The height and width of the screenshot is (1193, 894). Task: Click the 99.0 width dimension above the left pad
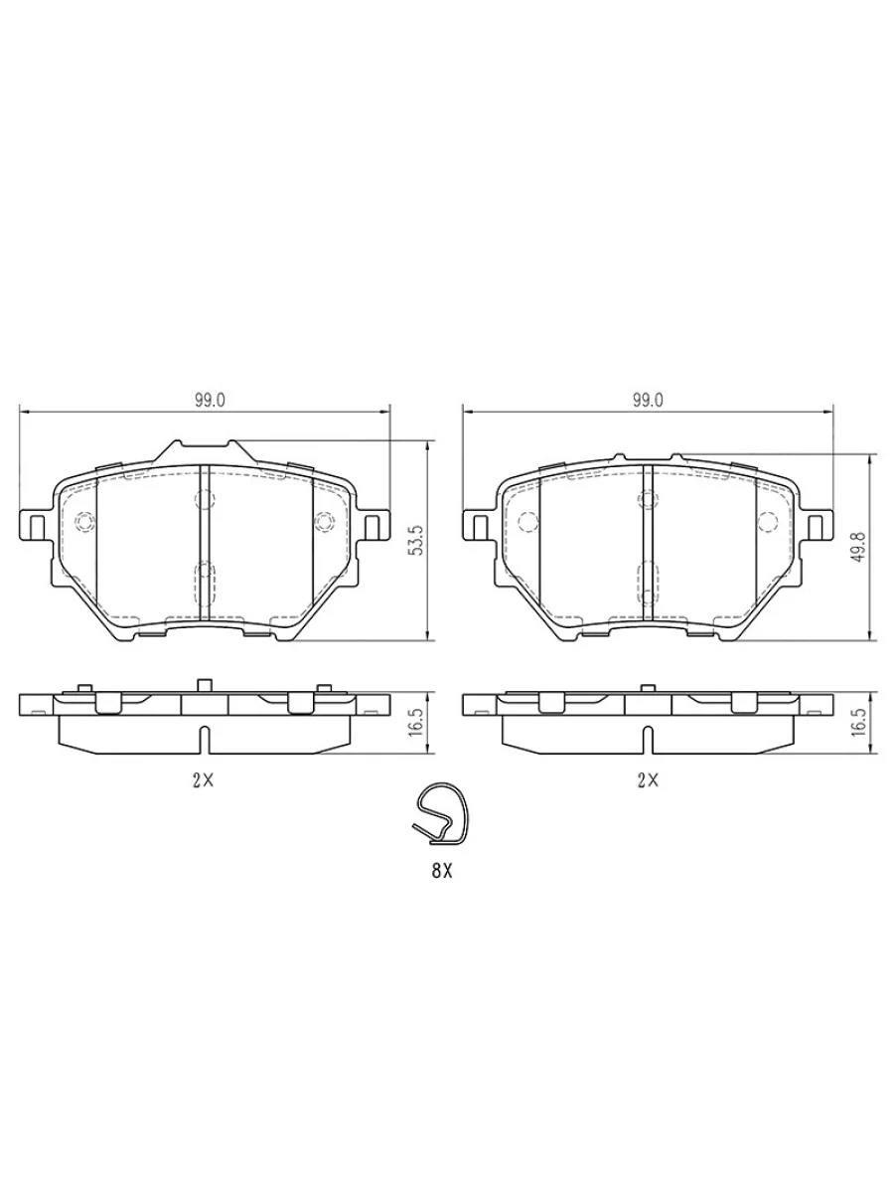coord(210,400)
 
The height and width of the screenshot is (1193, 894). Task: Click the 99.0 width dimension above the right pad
coord(648,400)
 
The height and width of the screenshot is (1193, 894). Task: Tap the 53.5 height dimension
coord(417,540)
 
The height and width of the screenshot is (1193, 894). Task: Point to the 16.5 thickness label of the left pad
coord(417,721)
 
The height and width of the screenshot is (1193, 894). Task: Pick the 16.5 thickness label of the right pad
coord(859,721)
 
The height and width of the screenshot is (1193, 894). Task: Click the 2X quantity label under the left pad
coord(203,781)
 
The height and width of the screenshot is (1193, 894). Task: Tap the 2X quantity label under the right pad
coord(648,781)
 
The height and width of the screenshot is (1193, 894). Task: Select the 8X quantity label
coord(441,871)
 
